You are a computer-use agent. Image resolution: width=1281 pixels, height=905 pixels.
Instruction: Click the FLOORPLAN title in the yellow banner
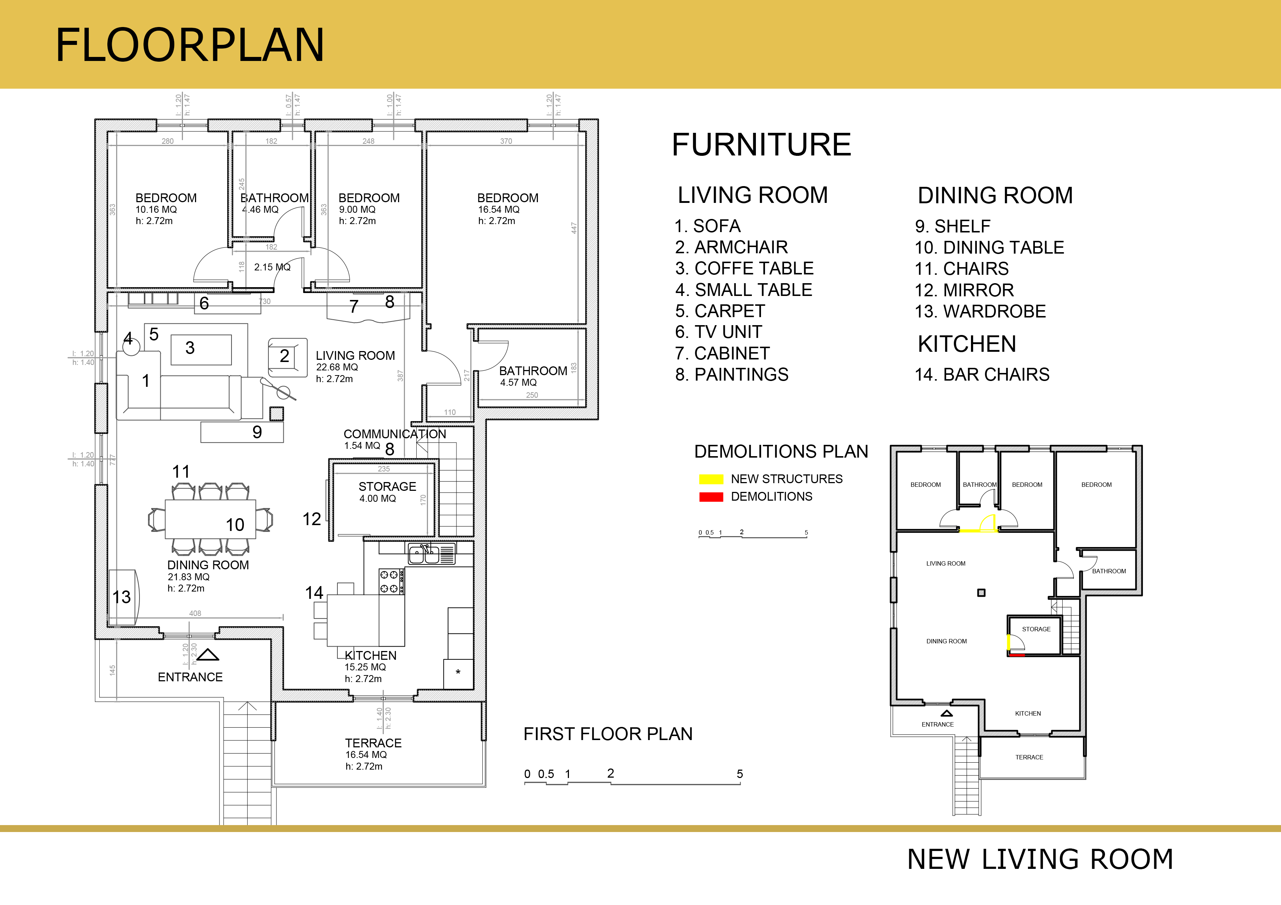[190, 45]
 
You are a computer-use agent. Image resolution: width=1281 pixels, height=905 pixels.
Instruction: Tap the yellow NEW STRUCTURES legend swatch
[711, 479]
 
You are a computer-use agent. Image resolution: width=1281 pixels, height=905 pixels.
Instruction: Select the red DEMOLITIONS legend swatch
[711, 497]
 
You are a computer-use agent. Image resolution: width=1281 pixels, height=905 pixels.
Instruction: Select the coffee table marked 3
[201, 350]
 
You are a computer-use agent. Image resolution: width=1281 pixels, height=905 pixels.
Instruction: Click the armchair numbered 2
[287, 357]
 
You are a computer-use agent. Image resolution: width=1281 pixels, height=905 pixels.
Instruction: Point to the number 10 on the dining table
[235, 525]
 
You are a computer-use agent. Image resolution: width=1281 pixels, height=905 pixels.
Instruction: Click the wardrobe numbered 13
[123, 597]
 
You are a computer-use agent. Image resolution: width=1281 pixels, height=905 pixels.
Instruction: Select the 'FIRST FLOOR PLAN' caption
[608, 734]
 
